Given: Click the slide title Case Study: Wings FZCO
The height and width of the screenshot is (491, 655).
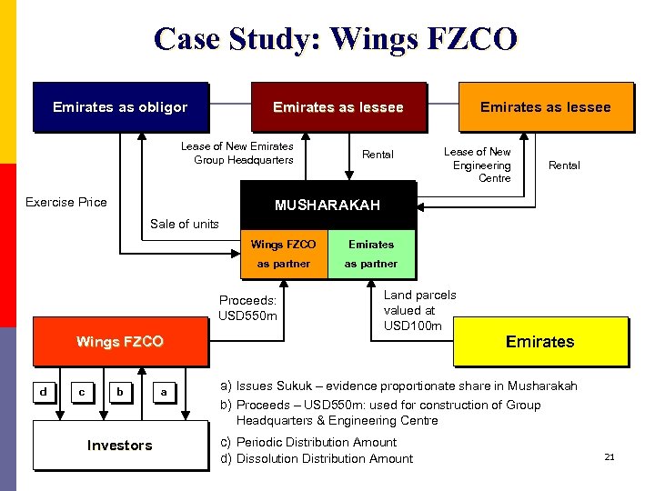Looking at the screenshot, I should click(336, 39).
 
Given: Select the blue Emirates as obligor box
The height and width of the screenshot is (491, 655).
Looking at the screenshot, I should click(120, 107).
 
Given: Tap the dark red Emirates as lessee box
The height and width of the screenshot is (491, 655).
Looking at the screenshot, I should click(338, 107).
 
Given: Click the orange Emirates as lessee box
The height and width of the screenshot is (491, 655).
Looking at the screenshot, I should click(545, 107).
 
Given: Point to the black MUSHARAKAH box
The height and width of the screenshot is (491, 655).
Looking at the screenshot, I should click(327, 205).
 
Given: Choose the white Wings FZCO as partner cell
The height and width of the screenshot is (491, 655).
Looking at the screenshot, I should click(283, 254).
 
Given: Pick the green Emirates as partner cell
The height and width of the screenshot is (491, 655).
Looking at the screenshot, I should click(371, 254).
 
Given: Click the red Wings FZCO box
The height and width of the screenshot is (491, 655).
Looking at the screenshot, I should click(119, 342).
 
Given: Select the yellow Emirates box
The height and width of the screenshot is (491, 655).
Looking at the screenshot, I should click(539, 342).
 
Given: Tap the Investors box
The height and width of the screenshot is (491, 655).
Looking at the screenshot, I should click(119, 445).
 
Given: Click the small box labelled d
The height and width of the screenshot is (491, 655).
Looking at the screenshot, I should click(43, 392).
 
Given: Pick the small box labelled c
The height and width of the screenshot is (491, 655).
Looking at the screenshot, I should click(82, 392).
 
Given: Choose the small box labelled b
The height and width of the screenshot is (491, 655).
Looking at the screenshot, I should click(120, 392).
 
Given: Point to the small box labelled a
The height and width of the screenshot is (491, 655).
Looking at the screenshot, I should click(164, 392).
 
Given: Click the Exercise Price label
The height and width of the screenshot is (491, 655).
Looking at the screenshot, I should click(65, 202).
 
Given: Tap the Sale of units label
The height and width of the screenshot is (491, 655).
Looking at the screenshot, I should click(185, 224).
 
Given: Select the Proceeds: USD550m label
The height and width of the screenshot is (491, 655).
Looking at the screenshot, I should click(247, 308).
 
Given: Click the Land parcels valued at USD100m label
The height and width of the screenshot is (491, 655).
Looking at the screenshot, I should click(419, 310).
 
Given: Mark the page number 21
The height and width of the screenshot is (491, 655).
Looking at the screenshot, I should click(610, 456).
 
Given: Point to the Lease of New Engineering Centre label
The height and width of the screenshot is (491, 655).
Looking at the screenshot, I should click(481, 165).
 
